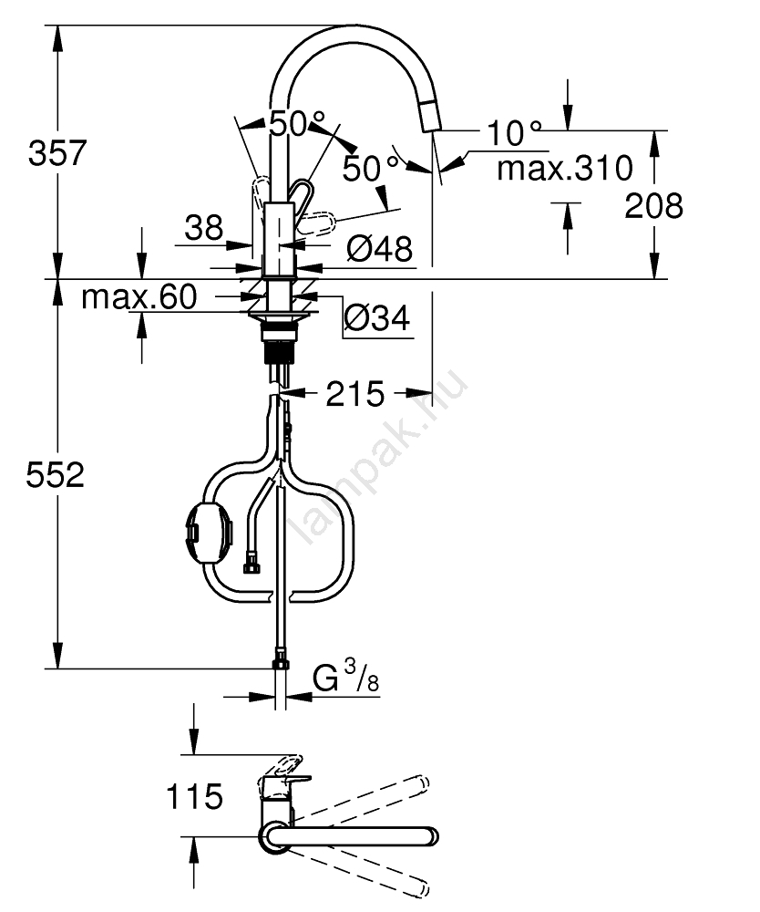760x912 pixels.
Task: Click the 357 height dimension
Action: tap(57, 153)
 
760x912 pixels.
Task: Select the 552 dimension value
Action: tap(56, 474)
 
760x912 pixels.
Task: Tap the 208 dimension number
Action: tap(653, 206)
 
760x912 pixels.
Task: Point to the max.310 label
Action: tap(565, 169)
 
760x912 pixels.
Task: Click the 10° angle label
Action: tap(514, 132)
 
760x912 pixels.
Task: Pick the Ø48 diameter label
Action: tap(379, 248)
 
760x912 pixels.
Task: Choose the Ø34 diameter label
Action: tap(377, 317)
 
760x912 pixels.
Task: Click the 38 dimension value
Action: tap(204, 227)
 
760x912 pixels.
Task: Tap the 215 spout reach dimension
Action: tap(355, 394)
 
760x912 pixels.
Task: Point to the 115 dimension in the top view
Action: tap(195, 796)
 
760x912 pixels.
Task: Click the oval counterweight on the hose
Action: tap(209, 532)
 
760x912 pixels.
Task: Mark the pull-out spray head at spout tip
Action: tap(430, 115)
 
